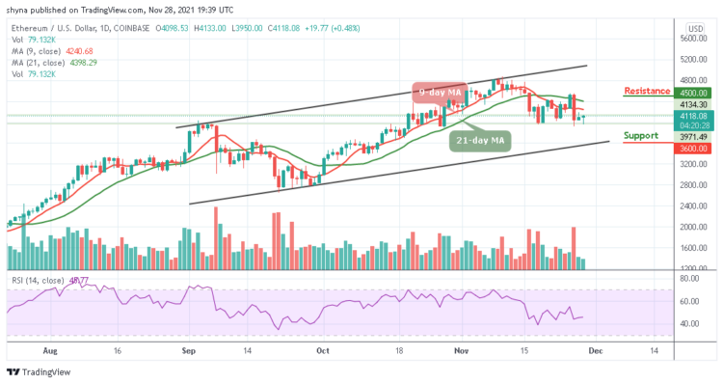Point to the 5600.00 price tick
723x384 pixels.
(x=694, y=40)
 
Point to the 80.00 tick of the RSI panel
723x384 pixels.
(x=690, y=279)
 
